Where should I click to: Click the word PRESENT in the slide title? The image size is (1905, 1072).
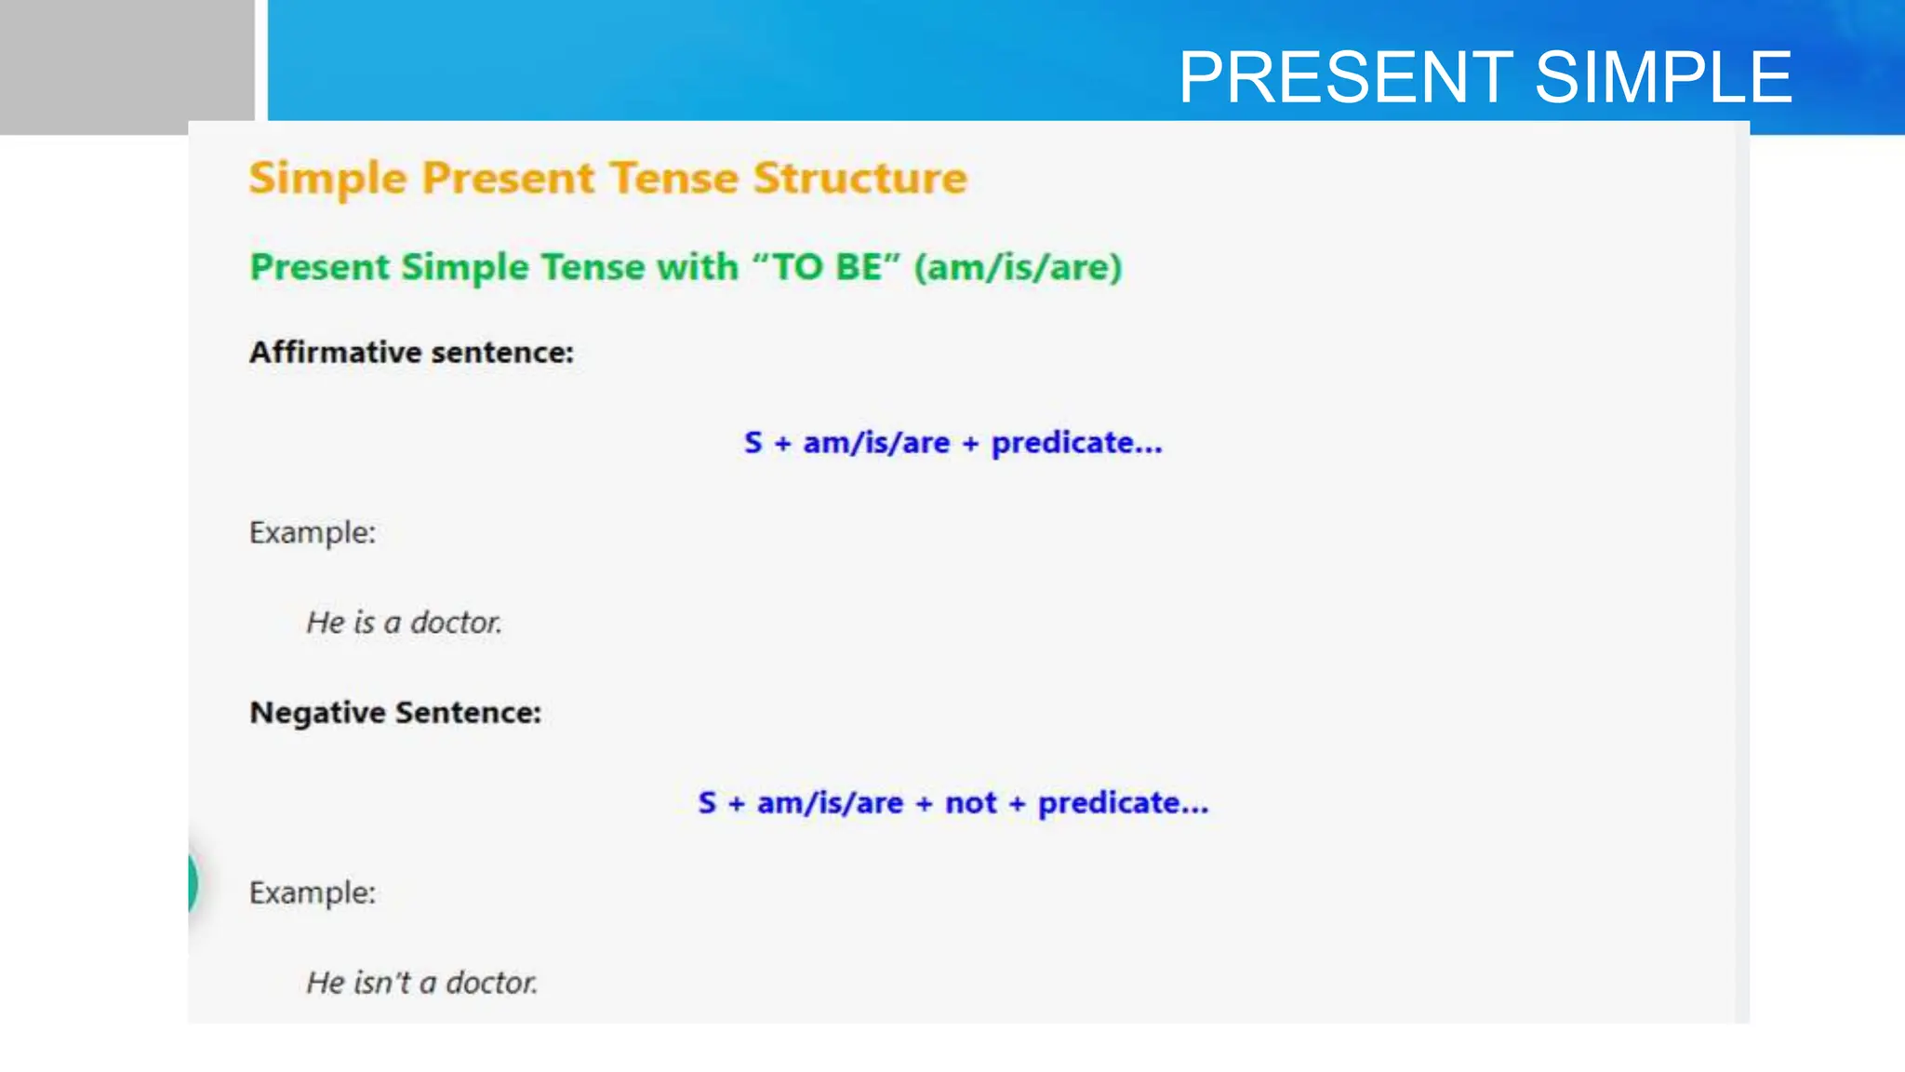tap(1345, 77)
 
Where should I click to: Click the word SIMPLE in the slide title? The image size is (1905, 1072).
tap(1663, 77)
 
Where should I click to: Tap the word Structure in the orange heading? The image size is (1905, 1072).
tap(859, 178)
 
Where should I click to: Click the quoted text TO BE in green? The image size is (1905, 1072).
tap(827, 267)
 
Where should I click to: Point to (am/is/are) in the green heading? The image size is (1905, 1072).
tap(1018, 268)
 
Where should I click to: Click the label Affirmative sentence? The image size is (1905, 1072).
tap(411, 353)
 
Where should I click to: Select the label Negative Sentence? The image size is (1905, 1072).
tap(395, 713)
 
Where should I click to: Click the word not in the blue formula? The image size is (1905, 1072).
tap(970, 802)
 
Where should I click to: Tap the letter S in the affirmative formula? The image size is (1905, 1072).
tap(753, 443)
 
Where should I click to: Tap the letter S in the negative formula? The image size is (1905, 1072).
tap(707, 802)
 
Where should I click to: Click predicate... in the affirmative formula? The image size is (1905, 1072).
tap(1076, 443)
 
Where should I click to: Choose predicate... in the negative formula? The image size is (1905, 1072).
tap(1123, 802)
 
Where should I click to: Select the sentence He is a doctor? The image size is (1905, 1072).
tap(404, 622)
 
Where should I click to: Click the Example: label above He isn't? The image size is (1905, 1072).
tap(313, 893)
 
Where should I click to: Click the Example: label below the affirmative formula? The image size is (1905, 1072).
tap(313, 533)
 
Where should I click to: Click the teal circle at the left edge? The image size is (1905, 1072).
tap(192, 882)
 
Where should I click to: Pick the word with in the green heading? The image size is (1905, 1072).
tap(697, 267)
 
